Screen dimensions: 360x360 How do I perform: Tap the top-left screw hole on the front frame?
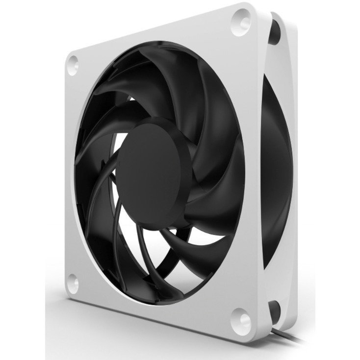[74, 62]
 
